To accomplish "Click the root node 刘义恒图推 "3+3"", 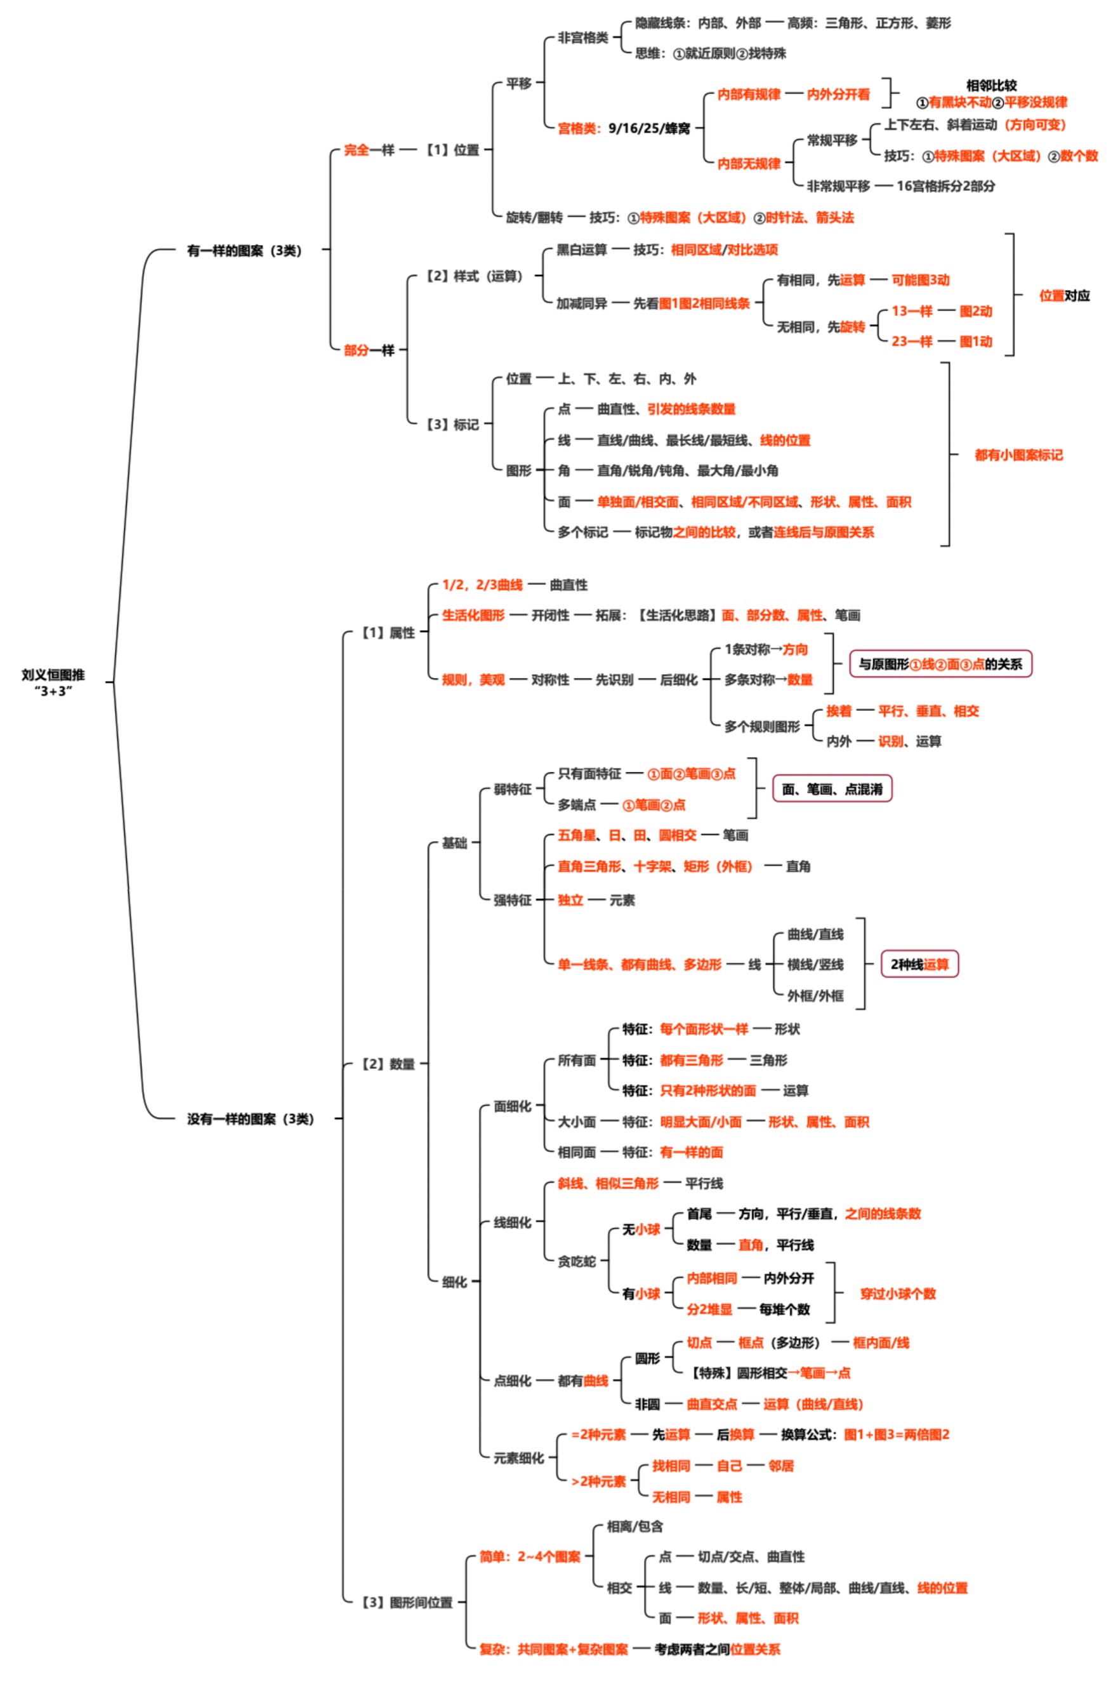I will [x=53, y=682].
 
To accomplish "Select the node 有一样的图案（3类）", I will [x=244, y=250].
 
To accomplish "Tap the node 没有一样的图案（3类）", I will [x=250, y=1118].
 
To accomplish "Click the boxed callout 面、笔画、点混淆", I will [x=832, y=789].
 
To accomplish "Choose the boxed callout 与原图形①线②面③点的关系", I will [x=940, y=664].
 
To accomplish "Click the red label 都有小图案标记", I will [x=1018, y=455].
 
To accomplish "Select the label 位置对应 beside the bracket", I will [x=1064, y=295].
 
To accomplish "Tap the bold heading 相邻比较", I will [x=991, y=85].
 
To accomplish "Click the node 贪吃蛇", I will [x=576, y=1261].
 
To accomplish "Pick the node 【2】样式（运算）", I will [x=474, y=276].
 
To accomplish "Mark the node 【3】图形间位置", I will [x=407, y=1602].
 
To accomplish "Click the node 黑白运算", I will [x=581, y=249].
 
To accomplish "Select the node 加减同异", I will [x=581, y=303].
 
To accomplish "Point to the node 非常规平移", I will [x=838, y=186].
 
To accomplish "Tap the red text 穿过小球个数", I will [x=898, y=1293].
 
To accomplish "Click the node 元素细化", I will [x=518, y=1458].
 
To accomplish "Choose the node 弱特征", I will [x=512, y=789].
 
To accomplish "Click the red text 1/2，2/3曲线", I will [x=482, y=585].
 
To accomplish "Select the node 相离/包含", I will [x=635, y=1527].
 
